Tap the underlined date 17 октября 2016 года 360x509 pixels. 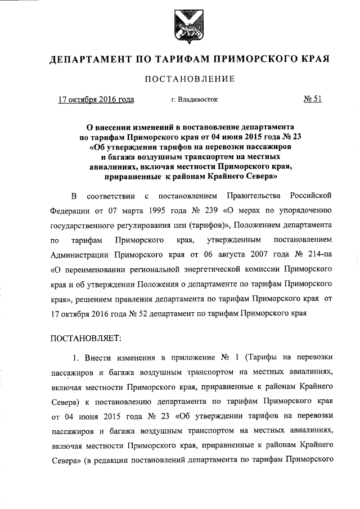(96, 100)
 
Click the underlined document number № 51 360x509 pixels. (312, 100)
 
